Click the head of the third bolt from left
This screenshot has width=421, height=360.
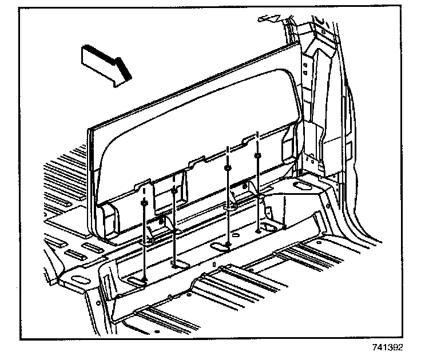228,168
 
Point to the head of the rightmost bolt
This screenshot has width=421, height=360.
259,154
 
